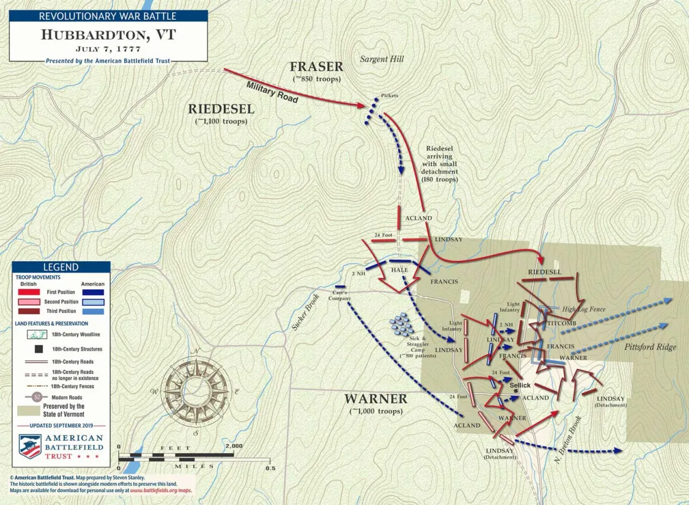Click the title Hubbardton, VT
pos(108,34)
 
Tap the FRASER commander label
pos(316,67)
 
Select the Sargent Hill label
pos(381,59)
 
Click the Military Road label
pos(272,92)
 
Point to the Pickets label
pos(389,96)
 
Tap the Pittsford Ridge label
pos(650,347)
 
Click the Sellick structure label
pos(520,385)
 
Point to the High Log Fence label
pos(583,309)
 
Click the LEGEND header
pos(60,267)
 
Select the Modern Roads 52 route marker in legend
pos(36,397)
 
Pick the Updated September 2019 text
pos(60,425)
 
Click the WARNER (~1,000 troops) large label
pos(375,399)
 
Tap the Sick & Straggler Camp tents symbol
pos(402,324)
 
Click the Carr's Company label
pos(340,295)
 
